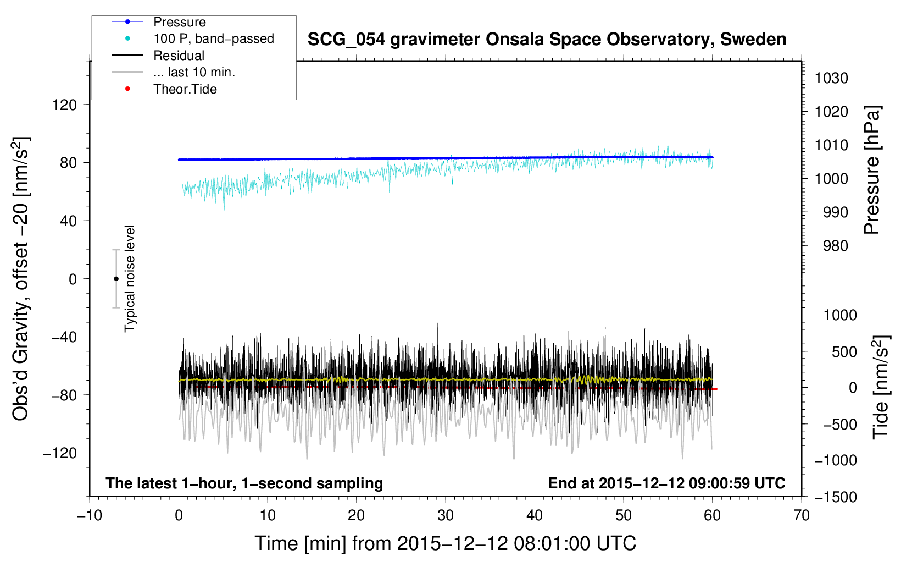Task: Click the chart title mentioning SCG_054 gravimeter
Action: pyautogui.click(x=547, y=40)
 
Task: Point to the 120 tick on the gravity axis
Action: pyautogui.click(x=65, y=105)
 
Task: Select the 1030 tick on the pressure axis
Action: pyautogui.click(x=831, y=78)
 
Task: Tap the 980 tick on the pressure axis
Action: pyautogui.click(x=836, y=246)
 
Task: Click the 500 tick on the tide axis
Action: pyautogui.click(x=844, y=352)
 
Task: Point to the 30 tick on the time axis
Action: pyautogui.click(x=446, y=516)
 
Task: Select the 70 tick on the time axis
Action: pyautogui.click(x=802, y=516)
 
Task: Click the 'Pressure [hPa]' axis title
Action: pyautogui.click(x=872, y=170)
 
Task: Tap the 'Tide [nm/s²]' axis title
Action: pyautogui.click(x=881, y=387)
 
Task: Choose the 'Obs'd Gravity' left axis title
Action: pyautogui.click(x=20, y=279)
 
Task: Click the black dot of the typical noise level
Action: pyautogui.click(x=116, y=279)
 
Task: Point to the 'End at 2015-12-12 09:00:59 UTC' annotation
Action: pyautogui.click(x=666, y=483)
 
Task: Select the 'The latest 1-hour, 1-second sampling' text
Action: pyautogui.click(x=244, y=483)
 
